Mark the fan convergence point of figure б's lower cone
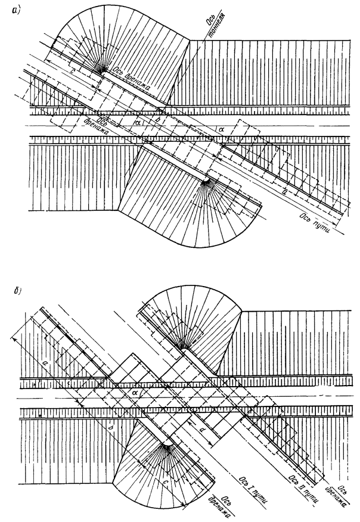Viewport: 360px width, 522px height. (x=165, y=444)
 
